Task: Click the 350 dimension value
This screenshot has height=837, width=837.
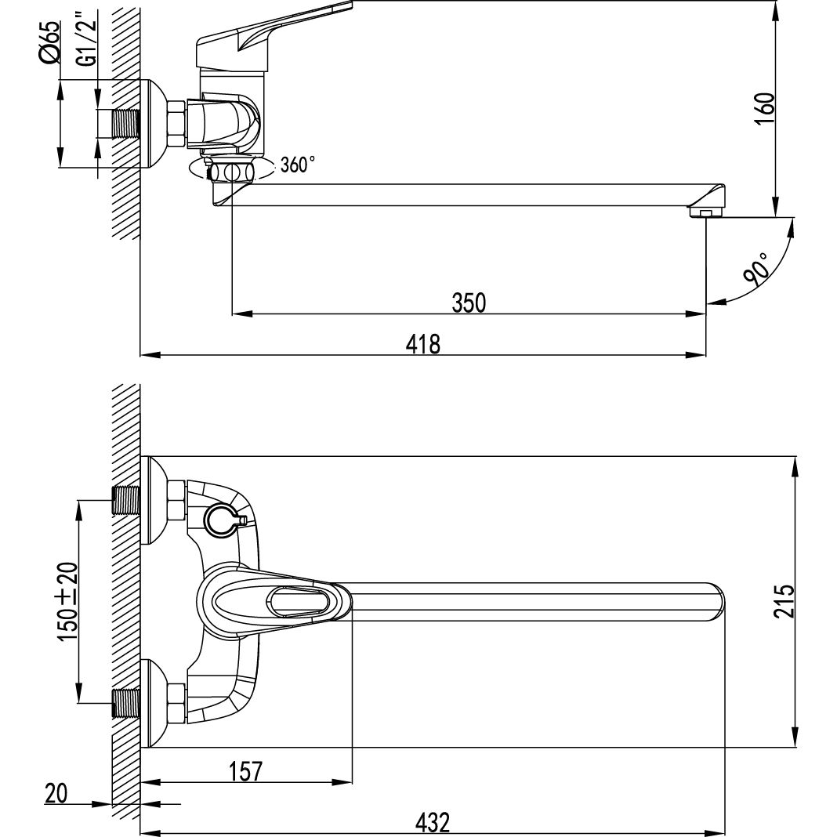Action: (469, 303)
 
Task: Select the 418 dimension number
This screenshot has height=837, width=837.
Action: (423, 344)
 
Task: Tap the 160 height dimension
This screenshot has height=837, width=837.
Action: (764, 108)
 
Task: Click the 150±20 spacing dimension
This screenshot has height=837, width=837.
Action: (68, 600)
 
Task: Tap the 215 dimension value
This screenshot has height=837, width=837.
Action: (784, 601)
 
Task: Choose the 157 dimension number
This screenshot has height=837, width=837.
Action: (246, 771)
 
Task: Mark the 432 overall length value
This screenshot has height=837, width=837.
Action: (432, 823)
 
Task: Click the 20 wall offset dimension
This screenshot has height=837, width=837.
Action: (56, 793)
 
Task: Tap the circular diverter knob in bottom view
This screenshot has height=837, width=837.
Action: (222, 521)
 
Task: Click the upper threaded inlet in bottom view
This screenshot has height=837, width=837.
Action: (126, 500)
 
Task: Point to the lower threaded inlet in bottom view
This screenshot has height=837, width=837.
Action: (126, 703)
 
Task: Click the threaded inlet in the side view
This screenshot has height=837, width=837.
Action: (126, 124)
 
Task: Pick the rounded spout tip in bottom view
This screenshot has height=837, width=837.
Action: (716, 602)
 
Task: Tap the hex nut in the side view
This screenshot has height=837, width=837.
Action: (176, 124)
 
